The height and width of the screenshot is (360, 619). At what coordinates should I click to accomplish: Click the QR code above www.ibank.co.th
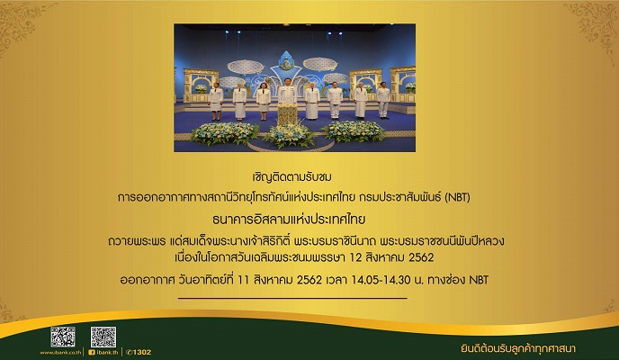[x=62, y=336]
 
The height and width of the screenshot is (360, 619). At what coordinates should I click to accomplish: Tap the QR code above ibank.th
[x=103, y=336]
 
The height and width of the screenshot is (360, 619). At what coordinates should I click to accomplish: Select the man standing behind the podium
[x=287, y=95]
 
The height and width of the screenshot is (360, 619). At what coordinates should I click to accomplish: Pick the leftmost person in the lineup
[x=216, y=102]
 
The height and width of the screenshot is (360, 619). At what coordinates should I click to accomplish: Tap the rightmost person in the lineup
[x=384, y=101]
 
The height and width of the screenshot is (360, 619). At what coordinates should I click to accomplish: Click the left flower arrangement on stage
[x=225, y=133]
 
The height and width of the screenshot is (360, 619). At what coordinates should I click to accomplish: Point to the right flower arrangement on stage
[x=354, y=131]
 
